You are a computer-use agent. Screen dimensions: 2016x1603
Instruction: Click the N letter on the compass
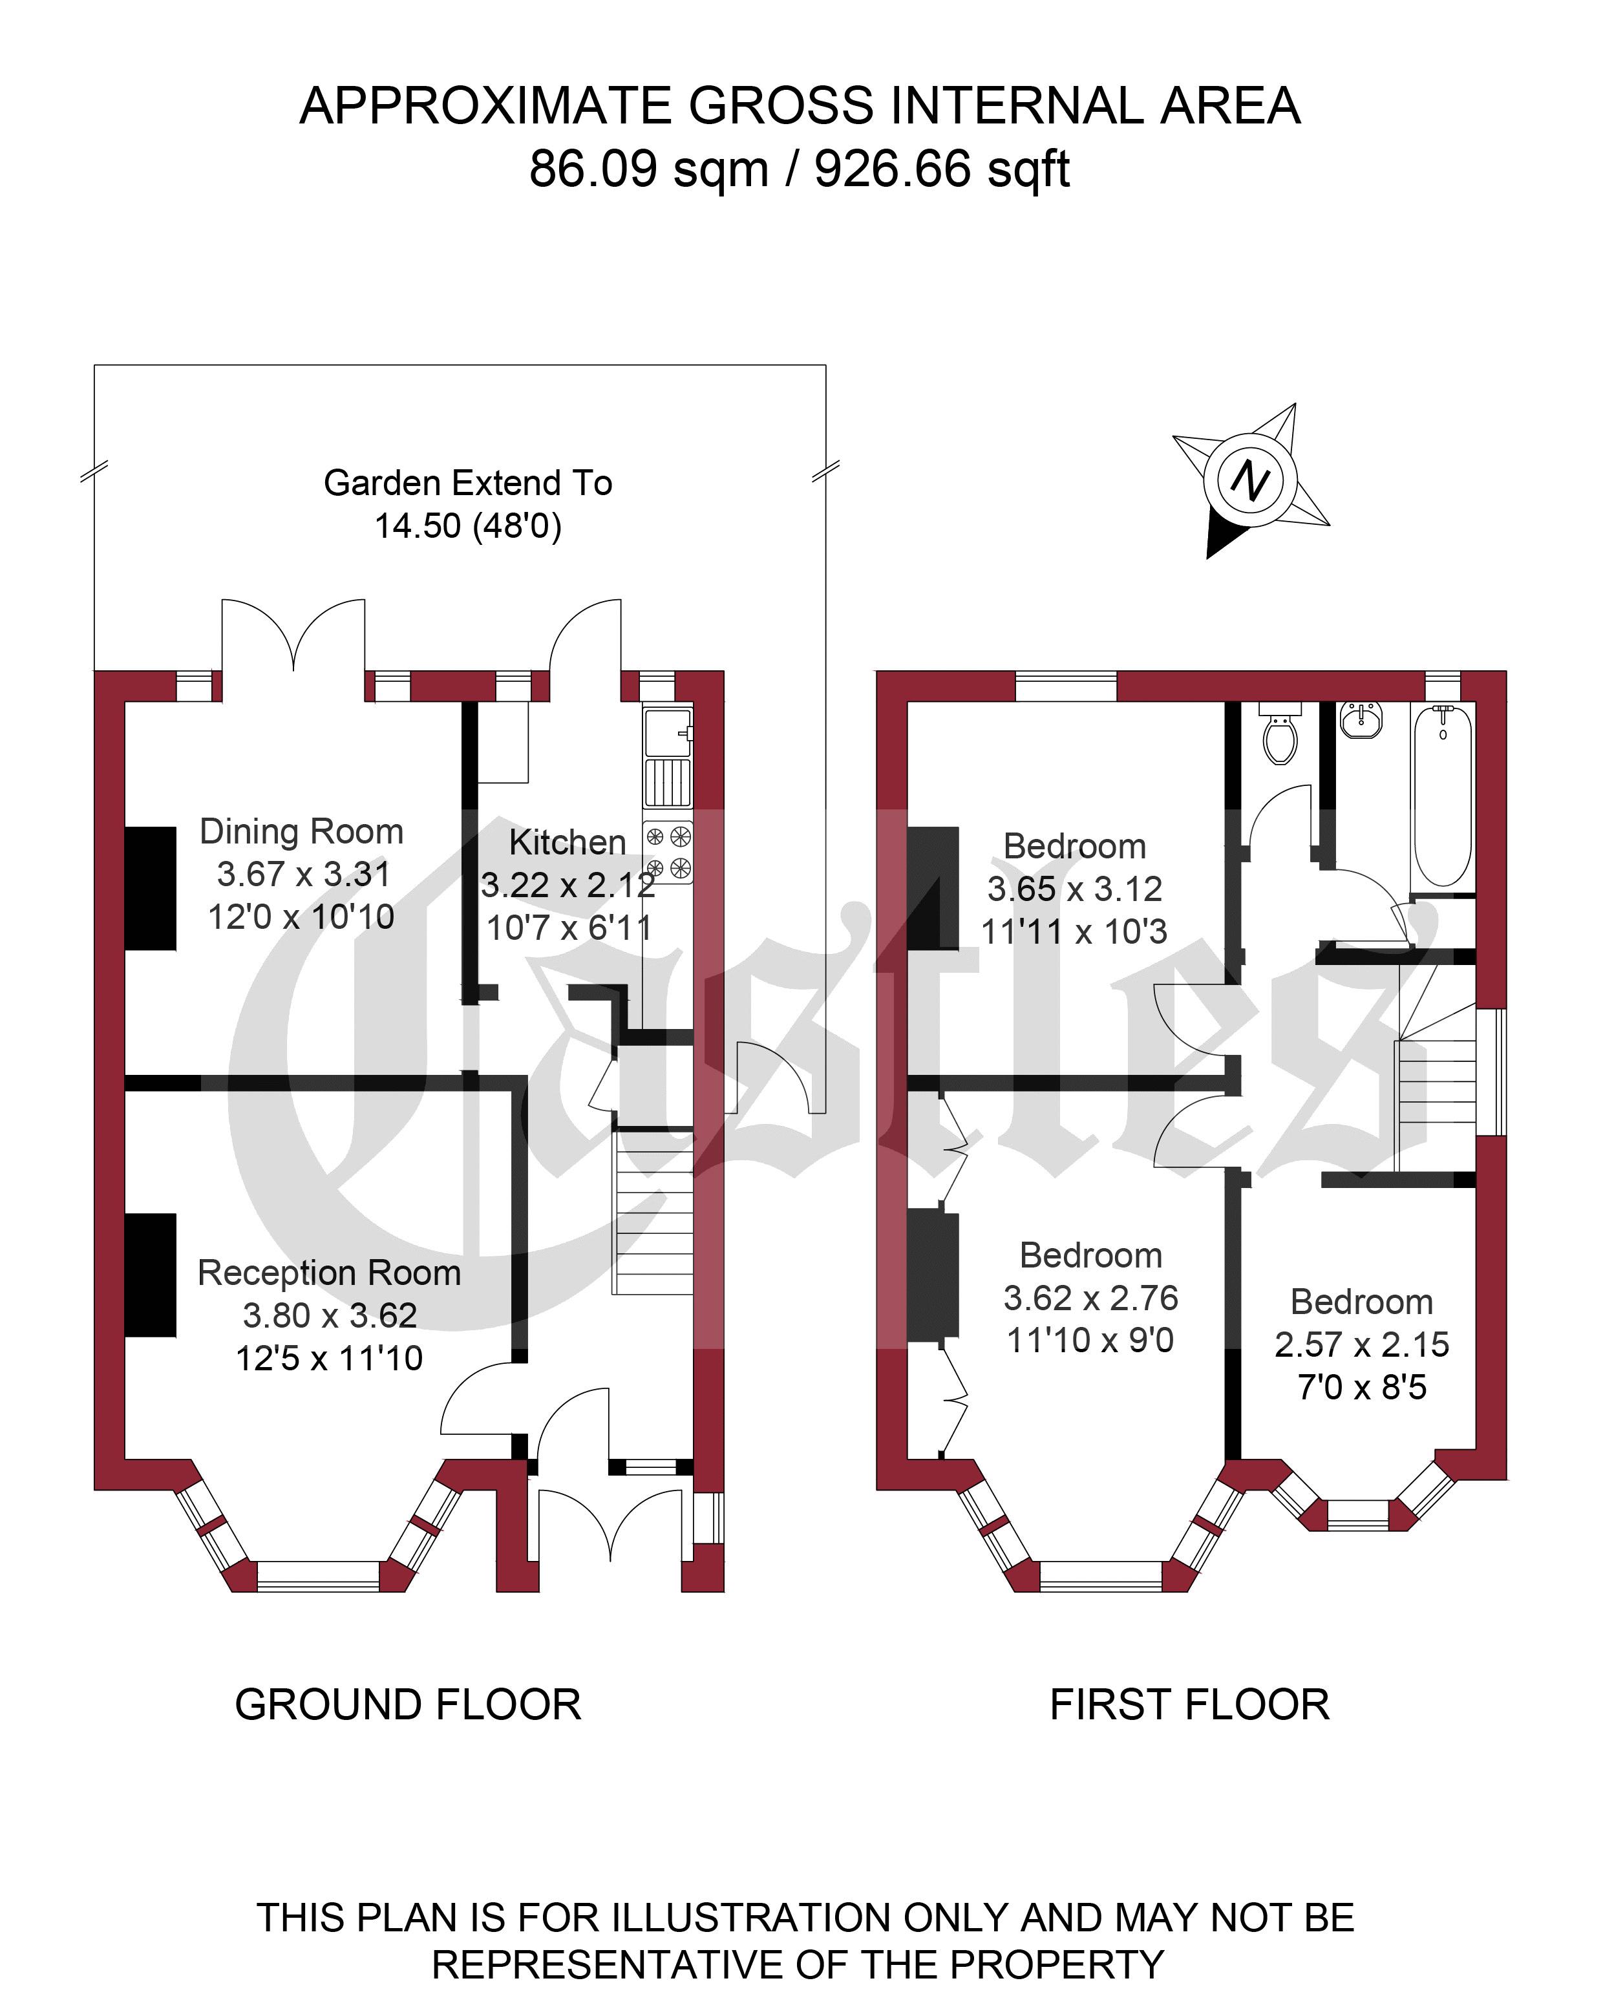(1249, 481)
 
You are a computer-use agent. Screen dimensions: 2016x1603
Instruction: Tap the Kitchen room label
(567, 842)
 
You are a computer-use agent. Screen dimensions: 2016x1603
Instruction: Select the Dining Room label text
(301, 831)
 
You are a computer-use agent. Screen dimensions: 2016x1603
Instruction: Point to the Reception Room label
(329, 1273)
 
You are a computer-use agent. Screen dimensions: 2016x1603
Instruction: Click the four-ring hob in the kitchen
(668, 852)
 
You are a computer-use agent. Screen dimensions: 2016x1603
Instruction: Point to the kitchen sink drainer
(668, 781)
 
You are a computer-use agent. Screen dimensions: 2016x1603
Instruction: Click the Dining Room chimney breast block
(151, 887)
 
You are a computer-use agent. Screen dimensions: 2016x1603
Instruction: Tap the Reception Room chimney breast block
(151, 1275)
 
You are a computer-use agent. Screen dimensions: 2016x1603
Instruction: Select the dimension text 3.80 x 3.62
(329, 1315)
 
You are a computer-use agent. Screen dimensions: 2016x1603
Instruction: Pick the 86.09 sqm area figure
(648, 169)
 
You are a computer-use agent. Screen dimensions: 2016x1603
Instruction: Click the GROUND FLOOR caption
(408, 1704)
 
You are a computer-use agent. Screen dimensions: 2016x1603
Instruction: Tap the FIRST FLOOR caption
(1189, 1704)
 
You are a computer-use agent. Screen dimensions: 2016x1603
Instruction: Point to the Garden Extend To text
(467, 482)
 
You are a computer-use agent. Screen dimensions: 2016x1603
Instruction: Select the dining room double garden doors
(293, 636)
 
